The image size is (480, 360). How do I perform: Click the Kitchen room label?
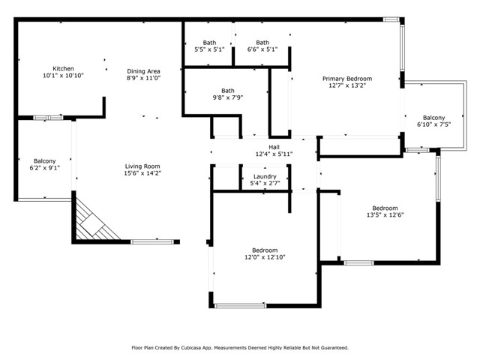click(x=63, y=68)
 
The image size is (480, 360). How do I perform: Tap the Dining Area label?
click(x=143, y=71)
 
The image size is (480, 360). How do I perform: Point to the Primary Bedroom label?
click(x=347, y=79)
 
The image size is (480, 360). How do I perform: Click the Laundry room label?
click(x=265, y=177)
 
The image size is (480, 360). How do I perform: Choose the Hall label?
click(x=274, y=147)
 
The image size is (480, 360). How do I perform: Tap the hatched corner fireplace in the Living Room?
click(x=93, y=222)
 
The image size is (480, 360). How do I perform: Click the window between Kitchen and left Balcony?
click(x=48, y=118)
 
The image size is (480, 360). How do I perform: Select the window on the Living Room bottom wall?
click(x=152, y=241)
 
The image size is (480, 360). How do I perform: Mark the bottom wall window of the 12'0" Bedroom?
click(x=240, y=305)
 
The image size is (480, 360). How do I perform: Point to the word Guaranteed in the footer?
click(x=335, y=348)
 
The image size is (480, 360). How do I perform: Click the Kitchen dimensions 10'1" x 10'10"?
click(x=63, y=75)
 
